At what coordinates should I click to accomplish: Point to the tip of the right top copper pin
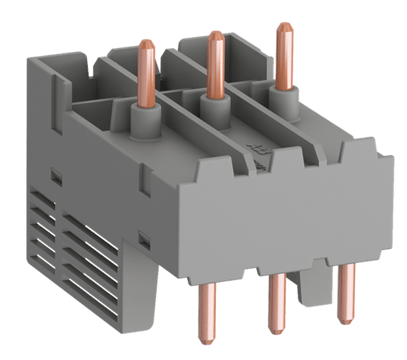[x=286, y=26]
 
